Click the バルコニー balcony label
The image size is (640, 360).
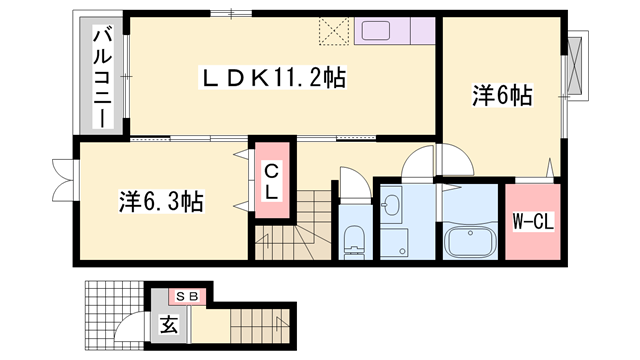point(101,77)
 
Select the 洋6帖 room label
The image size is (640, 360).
point(502,96)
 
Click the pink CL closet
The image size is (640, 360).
point(272,181)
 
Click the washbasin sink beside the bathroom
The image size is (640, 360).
point(392,207)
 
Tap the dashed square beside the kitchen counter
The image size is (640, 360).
point(332,31)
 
